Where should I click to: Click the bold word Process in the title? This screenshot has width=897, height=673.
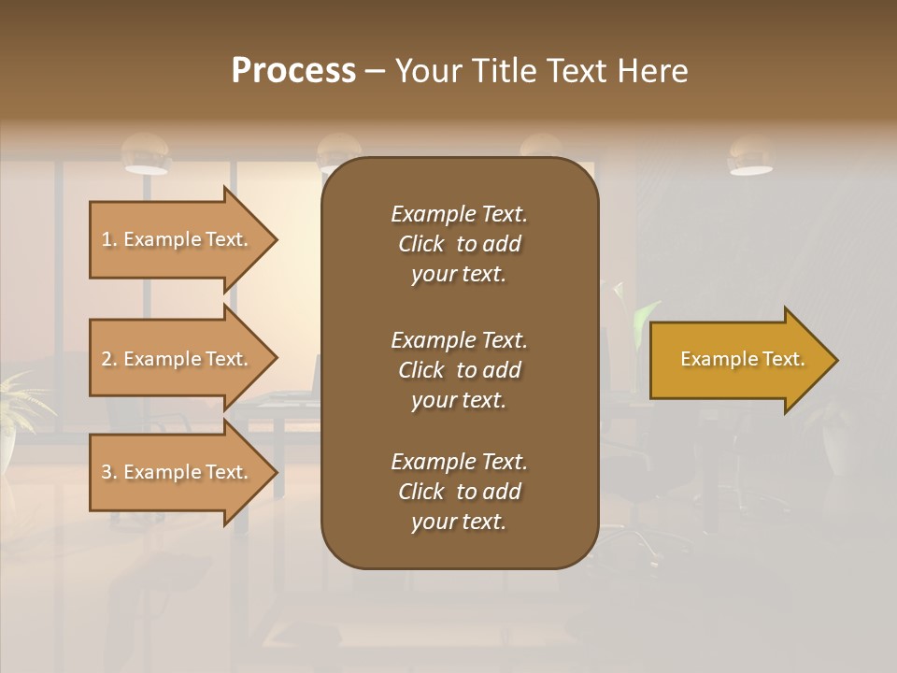(293, 71)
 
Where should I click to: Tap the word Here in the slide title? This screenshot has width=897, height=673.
(652, 71)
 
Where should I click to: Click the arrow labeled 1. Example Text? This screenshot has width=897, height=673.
(178, 239)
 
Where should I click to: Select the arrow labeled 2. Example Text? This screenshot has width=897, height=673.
(178, 359)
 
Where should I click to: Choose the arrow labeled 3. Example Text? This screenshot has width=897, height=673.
(178, 472)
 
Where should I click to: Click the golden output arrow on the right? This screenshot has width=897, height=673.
(738, 360)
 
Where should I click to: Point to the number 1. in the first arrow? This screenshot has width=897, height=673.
(109, 239)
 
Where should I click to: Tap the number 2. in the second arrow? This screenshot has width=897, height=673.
(109, 359)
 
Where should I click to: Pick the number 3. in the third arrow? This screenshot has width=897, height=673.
(109, 472)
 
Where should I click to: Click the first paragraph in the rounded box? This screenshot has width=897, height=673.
(459, 244)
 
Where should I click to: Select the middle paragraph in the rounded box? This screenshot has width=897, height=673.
(459, 370)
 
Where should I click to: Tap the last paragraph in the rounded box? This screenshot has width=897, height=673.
(459, 492)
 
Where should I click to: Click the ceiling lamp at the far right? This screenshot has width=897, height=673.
(750, 157)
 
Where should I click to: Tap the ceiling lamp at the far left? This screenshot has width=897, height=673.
(146, 155)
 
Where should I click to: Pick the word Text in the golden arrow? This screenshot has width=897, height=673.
(783, 359)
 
